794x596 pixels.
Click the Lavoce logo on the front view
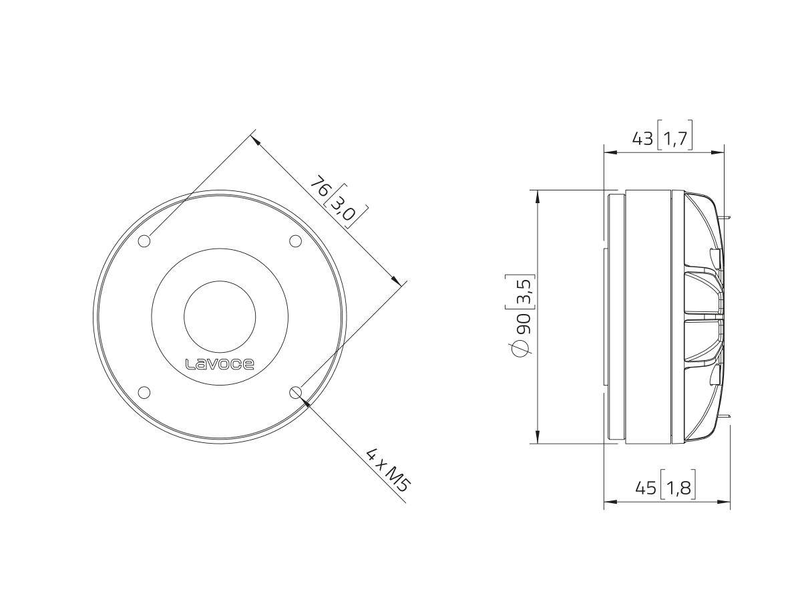(x=220, y=364)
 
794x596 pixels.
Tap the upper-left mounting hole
(x=144, y=241)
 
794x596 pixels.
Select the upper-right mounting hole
(x=295, y=241)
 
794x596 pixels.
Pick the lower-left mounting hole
(x=144, y=392)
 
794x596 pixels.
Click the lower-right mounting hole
(x=296, y=392)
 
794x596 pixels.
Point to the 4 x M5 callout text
(x=387, y=470)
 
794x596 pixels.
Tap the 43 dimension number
(x=642, y=138)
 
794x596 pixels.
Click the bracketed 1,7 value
(x=675, y=138)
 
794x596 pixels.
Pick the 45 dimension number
(x=645, y=488)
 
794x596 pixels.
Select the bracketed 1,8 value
(x=678, y=488)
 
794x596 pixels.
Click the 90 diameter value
(x=523, y=322)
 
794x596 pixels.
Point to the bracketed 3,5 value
(x=523, y=291)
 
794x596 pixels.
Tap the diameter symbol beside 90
(x=522, y=348)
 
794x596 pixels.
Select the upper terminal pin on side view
(x=727, y=217)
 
